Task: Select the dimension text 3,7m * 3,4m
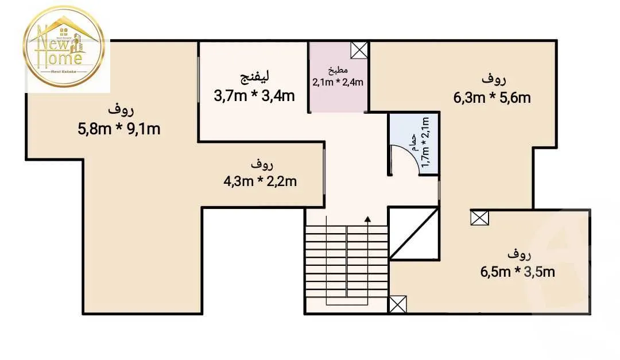point(254,95)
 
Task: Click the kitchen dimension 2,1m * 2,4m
point(338,82)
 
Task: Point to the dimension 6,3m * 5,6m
point(492,98)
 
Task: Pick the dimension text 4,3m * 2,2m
point(260,182)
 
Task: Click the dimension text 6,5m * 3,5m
point(518,272)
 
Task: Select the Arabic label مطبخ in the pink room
point(338,71)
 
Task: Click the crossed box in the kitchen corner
point(359,51)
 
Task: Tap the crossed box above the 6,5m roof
point(479,218)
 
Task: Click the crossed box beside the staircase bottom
point(397,304)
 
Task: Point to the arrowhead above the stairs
point(367,219)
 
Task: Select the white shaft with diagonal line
point(414,234)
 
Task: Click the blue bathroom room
point(413,144)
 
